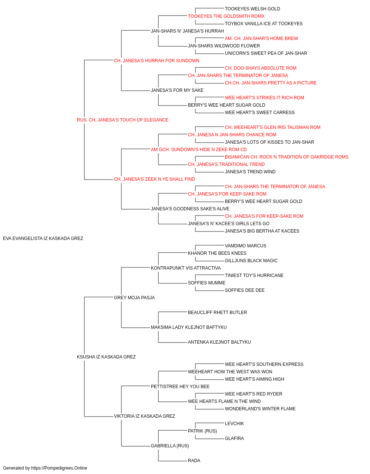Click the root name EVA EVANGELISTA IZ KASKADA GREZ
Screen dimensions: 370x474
tap(43, 238)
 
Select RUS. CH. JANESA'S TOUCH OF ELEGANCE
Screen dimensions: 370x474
tap(122, 120)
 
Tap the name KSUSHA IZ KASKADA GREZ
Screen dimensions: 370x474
tap(106, 357)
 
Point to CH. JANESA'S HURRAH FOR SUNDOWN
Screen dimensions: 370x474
tap(157, 61)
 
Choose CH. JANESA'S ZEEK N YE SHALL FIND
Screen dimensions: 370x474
tap(154, 179)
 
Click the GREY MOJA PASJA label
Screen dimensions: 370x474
tap(134, 298)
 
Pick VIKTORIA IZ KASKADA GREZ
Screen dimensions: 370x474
tap(144, 416)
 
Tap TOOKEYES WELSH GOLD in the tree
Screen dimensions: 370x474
tap(252, 9)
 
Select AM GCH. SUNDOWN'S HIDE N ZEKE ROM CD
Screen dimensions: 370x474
tap(199, 150)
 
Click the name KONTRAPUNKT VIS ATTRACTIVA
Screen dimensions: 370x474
tap(186, 268)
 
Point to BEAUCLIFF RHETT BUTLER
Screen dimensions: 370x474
tap(218, 313)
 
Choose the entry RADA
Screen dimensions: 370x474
tap(194, 461)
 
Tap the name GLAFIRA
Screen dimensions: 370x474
tap(234, 438)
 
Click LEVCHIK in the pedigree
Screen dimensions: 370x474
tap(234, 424)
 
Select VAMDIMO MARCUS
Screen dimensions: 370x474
tap(245, 246)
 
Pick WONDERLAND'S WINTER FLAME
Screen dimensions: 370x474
tap(260, 409)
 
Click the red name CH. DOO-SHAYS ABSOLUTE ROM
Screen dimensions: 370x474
tap(260, 68)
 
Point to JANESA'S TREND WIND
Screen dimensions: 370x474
tap(250, 172)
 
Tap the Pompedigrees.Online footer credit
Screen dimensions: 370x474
tap(45, 468)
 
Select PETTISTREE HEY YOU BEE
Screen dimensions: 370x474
tap(180, 387)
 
